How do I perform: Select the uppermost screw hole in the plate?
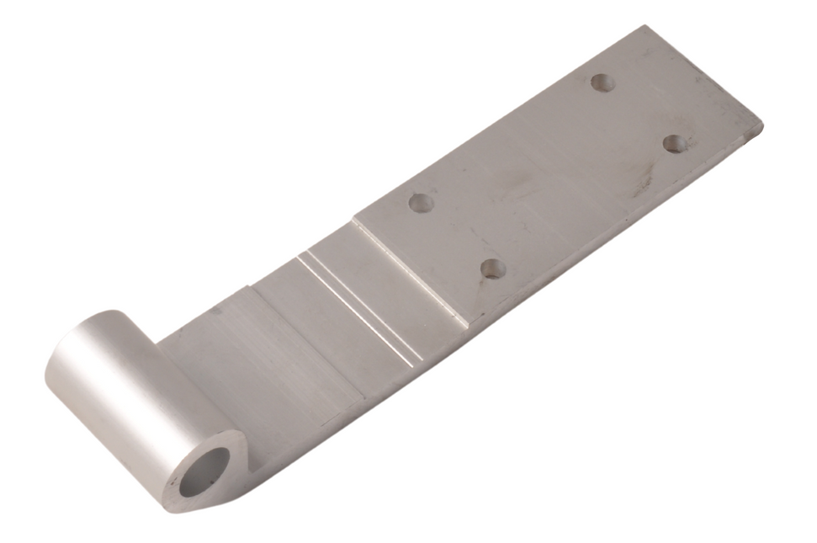coord(602,83)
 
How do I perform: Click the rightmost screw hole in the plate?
coord(675,143)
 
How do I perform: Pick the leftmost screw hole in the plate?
coord(420,202)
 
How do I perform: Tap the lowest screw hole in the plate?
coord(492,269)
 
